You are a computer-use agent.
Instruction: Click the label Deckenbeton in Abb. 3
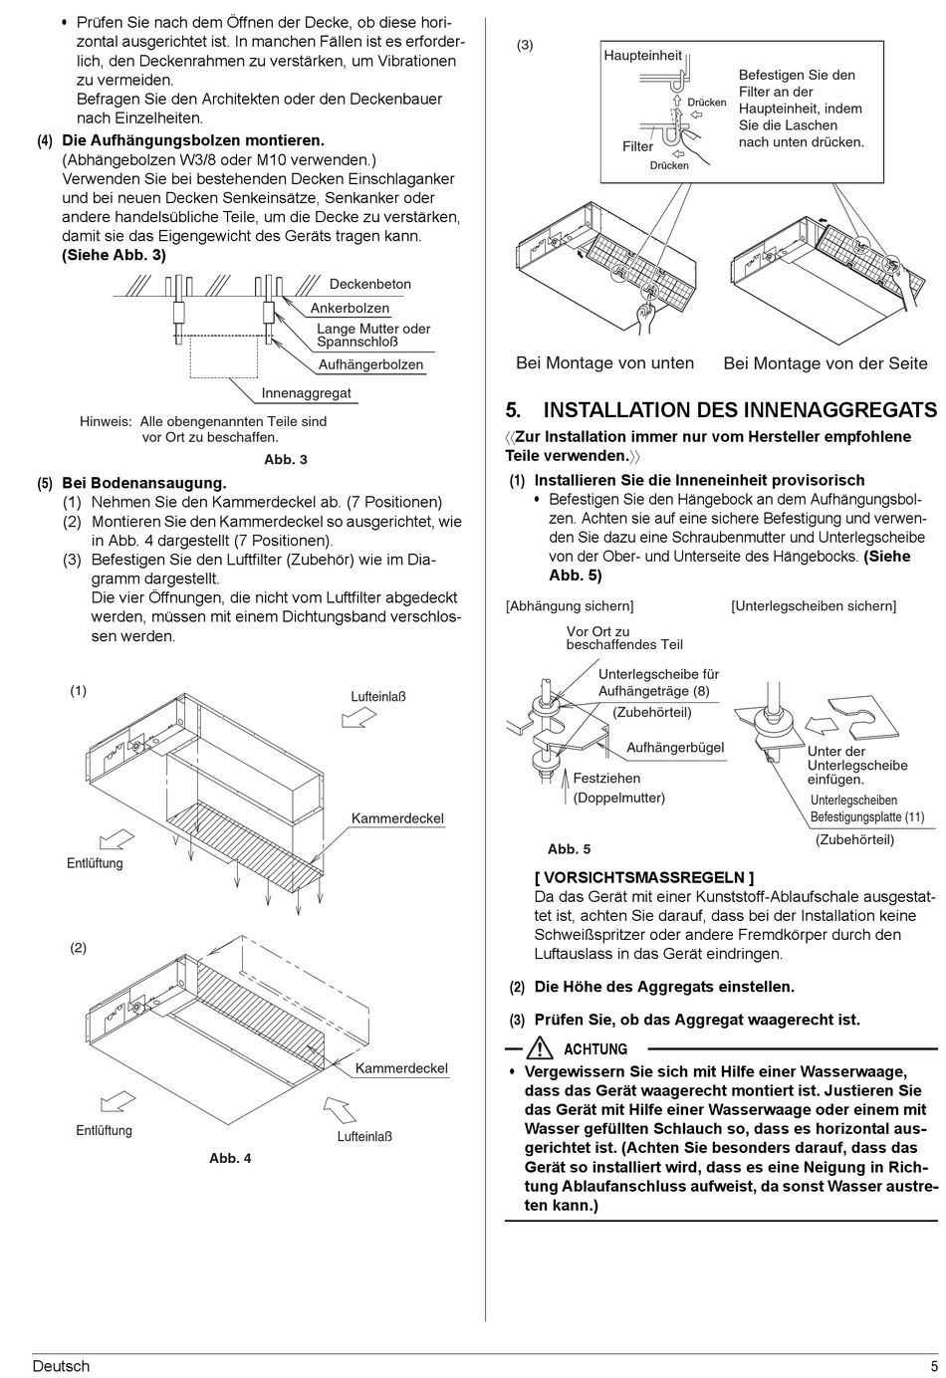pyautogui.click(x=369, y=285)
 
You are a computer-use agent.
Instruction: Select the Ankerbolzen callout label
pyautogui.click(x=350, y=309)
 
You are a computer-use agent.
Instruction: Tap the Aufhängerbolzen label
pyautogui.click(x=370, y=365)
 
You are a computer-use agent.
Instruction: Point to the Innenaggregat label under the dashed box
pyautogui.click(x=306, y=393)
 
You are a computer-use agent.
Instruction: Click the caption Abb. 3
pyautogui.click(x=286, y=460)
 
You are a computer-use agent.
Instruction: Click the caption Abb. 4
pyautogui.click(x=230, y=1158)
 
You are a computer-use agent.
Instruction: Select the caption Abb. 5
pyautogui.click(x=569, y=849)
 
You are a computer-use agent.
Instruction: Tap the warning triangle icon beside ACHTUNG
pyautogui.click(x=540, y=1048)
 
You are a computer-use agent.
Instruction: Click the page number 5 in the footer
pyautogui.click(x=934, y=1366)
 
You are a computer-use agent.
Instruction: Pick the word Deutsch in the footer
pyautogui.click(x=61, y=1366)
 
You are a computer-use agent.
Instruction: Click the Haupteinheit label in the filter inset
pyautogui.click(x=642, y=56)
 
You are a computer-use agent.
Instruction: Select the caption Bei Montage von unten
pyautogui.click(x=604, y=363)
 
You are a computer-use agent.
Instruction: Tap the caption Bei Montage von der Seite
pyautogui.click(x=825, y=364)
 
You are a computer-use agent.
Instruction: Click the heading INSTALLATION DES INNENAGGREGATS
pyautogui.click(x=739, y=410)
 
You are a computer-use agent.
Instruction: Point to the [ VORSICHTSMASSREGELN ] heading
pyautogui.click(x=643, y=877)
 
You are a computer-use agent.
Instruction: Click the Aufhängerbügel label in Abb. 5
pyautogui.click(x=675, y=748)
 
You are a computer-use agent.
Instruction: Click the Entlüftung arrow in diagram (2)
pyautogui.click(x=117, y=1101)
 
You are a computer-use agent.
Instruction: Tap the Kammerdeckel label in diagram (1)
pyautogui.click(x=397, y=818)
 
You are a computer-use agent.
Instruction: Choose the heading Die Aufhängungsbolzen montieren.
pyautogui.click(x=193, y=141)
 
